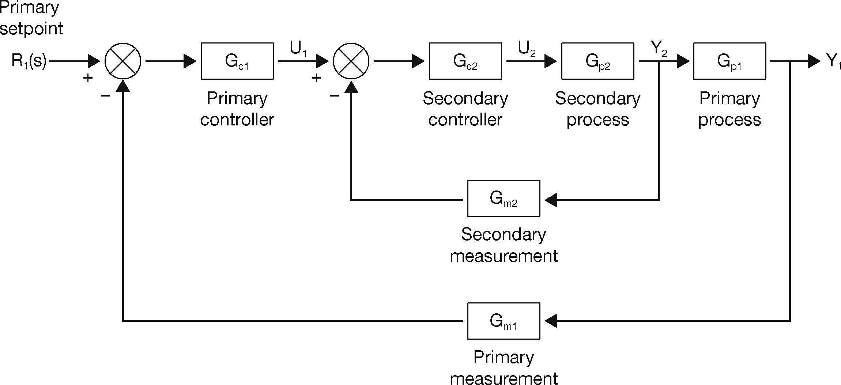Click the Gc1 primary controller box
tap(237, 61)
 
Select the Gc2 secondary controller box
tap(465, 61)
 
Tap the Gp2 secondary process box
tap(597, 61)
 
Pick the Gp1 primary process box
tap(729, 61)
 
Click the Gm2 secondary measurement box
tap(504, 199)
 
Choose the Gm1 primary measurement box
tap(504, 321)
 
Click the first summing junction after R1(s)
tap(123, 61)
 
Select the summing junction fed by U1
tap(351, 61)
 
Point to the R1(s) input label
tap(29, 61)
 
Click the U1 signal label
tap(298, 49)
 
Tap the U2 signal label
tap(527, 49)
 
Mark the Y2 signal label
tap(659, 49)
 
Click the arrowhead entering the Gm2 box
tap(551, 200)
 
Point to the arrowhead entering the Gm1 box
tap(551, 321)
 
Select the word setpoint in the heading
tap(31, 29)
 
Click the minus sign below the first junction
tap(105, 96)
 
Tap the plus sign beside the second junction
tap(316, 78)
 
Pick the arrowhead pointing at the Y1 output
tap(814, 61)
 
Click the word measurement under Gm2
tap(504, 256)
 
